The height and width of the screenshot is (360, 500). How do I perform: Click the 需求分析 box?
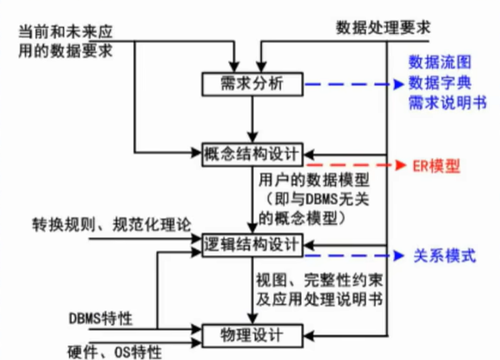(x=253, y=84)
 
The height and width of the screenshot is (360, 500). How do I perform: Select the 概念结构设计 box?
(x=253, y=153)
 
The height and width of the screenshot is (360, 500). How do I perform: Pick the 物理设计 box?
(x=253, y=334)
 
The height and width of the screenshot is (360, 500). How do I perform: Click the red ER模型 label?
(x=436, y=167)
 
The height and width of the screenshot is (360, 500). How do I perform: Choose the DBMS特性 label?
(x=101, y=316)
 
